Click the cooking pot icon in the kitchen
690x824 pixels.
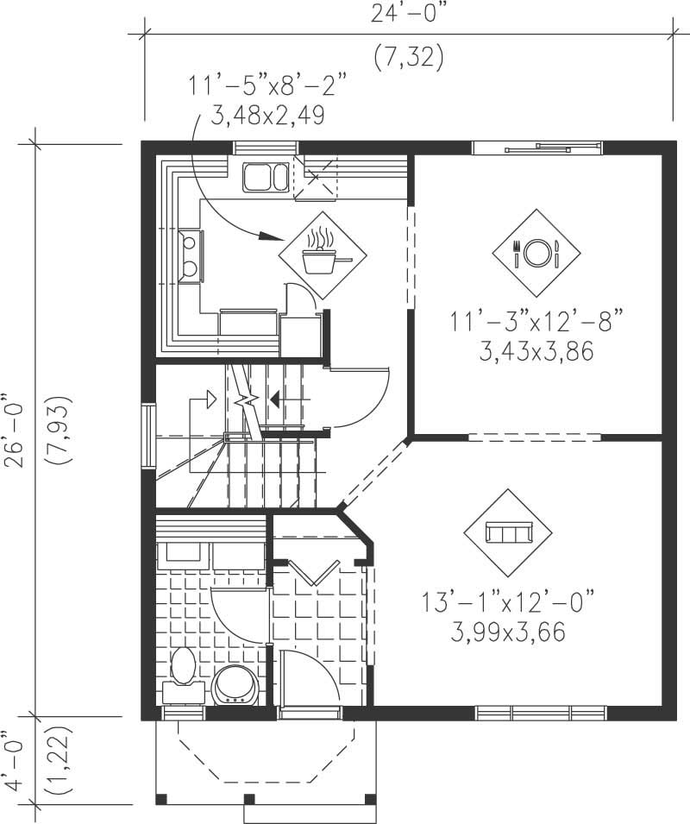coord(322,255)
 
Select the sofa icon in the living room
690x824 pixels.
coord(509,533)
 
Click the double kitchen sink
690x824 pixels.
coord(266,177)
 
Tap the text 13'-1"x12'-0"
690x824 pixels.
coord(509,601)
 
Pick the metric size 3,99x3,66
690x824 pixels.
coord(508,633)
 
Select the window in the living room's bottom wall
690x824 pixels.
coord(540,714)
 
